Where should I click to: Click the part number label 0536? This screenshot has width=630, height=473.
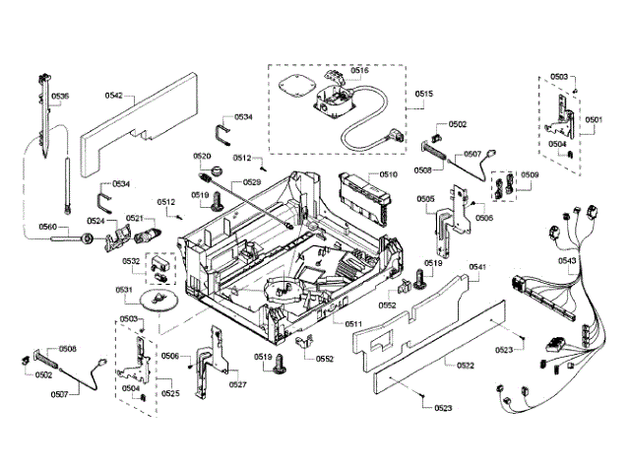[x=60, y=96]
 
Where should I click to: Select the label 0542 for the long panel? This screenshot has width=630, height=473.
[x=114, y=96]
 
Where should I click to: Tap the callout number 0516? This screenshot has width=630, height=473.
[x=358, y=71]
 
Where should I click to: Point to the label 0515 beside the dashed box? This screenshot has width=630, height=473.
[x=424, y=95]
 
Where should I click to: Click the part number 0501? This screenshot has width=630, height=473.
[x=593, y=120]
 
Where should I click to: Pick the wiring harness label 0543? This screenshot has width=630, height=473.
[x=567, y=260]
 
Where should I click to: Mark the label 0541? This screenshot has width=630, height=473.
[x=478, y=268]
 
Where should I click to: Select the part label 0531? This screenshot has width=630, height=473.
[x=124, y=290]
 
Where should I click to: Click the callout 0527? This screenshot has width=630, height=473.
[x=237, y=384]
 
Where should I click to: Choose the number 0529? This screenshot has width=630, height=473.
[x=251, y=182]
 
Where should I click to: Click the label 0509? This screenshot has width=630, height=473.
[x=530, y=175]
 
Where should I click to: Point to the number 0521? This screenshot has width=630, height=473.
[x=134, y=218]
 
